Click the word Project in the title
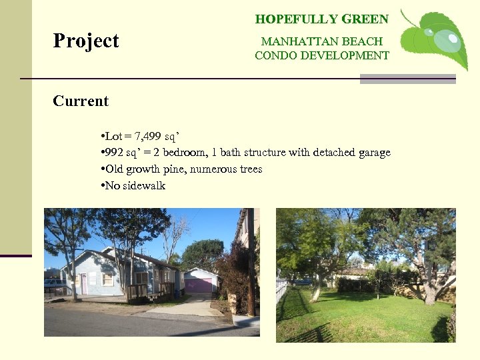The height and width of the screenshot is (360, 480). pyautogui.click(x=86, y=41)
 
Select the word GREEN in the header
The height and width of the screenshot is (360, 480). pyautogui.click(x=365, y=19)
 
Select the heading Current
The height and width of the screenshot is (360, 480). pyautogui.click(x=81, y=101)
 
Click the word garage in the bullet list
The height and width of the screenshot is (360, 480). pyautogui.click(x=374, y=153)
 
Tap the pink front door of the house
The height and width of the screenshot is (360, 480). pyautogui.click(x=84, y=283)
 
